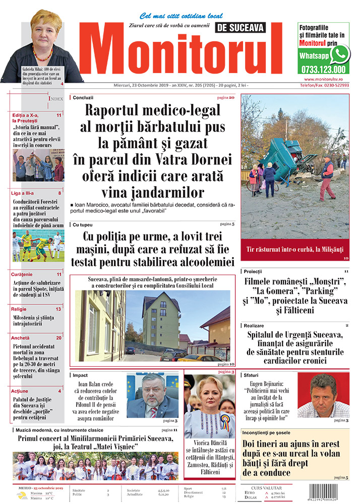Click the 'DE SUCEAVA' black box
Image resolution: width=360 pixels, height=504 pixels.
pyautogui.click(x=239, y=29)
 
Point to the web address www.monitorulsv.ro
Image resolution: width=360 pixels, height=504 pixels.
pyautogui.click(x=326, y=79)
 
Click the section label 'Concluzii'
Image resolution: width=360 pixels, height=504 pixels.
pyautogui.click(x=83, y=97)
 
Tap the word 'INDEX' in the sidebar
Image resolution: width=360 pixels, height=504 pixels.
pyautogui.click(x=56, y=99)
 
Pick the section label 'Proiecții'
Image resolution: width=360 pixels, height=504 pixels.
pyautogui.click(x=253, y=272)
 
